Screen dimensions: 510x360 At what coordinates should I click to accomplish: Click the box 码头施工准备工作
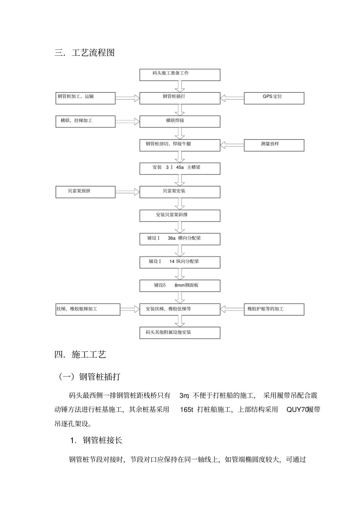tap(180, 75)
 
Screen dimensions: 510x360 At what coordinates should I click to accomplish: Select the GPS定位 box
tap(274, 98)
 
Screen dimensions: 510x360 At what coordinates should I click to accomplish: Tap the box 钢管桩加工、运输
tap(86, 98)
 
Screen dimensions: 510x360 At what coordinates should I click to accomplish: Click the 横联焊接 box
tap(180, 121)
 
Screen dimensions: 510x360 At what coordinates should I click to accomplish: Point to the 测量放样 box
tap(274, 145)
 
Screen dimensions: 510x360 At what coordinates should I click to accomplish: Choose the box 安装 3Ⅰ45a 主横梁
tap(180, 168)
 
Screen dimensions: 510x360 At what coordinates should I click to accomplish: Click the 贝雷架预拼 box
tap(86, 192)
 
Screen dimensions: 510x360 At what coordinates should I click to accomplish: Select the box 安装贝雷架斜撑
tap(180, 215)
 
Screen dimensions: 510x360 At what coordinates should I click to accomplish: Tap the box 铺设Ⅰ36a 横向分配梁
tap(180, 239)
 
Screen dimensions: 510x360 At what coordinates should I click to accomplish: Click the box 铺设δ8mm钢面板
tap(180, 286)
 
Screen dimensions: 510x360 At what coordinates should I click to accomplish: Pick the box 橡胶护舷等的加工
tap(274, 309)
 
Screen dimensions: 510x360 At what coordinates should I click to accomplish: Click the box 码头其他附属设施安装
tap(180, 333)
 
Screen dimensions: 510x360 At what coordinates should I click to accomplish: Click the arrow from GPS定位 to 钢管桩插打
tap(232, 98)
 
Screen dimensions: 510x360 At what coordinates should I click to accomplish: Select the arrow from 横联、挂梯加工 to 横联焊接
tap(127, 121)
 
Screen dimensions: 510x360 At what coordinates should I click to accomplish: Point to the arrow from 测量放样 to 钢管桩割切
tap(232, 145)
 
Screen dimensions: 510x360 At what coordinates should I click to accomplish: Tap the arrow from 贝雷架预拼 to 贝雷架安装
tap(127, 192)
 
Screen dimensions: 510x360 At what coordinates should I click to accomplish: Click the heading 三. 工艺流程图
tap(85, 53)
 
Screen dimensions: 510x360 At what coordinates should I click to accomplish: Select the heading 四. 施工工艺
tap(80, 355)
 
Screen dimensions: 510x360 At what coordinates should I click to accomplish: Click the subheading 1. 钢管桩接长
tap(96, 440)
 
